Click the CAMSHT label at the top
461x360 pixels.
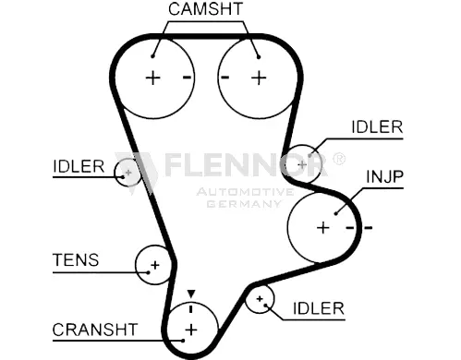[205, 9]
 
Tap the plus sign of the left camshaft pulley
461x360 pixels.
[152, 78]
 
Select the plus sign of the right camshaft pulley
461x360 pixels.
[259, 78]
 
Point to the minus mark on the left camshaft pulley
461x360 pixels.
[187, 78]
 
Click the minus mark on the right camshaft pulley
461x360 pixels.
[225, 78]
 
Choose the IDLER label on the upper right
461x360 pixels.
[377, 126]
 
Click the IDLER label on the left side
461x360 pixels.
[79, 166]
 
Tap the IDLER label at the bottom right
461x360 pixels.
[319, 308]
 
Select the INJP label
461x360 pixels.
[384, 177]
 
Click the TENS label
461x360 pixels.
[76, 259]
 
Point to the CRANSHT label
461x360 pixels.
[95, 330]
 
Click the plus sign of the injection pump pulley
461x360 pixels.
[323, 228]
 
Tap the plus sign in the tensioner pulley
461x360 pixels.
[155, 265]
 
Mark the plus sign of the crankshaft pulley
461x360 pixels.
[191, 330]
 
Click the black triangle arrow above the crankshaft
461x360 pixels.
[191, 294]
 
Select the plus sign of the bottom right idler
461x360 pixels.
[260, 298]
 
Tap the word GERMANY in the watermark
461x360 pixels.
[244, 204]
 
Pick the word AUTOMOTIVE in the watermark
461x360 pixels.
[245, 192]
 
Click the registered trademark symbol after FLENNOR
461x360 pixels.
[339, 159]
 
